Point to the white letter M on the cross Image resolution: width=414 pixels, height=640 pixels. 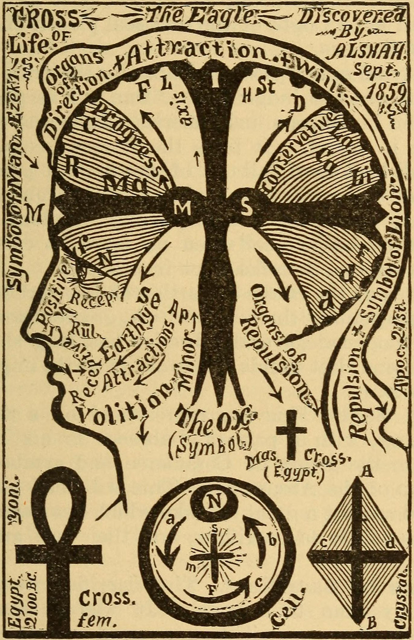[x=182, y=208]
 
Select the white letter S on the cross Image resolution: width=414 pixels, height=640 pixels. [x=246, y=208]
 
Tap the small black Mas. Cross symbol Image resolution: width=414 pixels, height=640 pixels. [x=291, y=433]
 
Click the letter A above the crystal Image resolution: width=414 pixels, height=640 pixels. [x=368, y=471]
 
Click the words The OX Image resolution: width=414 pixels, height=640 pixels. [x=217, y=418]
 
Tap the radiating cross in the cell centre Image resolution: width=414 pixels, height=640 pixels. [x=214, y=557]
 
